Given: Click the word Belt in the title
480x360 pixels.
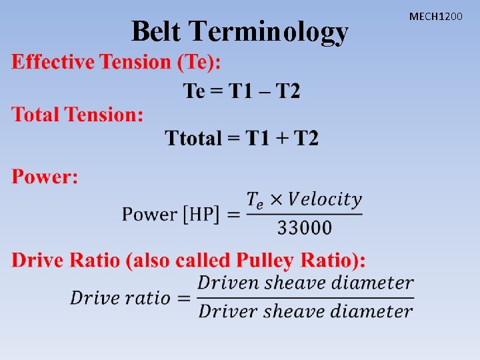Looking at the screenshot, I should (x=157, y=31).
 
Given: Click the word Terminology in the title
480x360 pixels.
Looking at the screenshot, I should (x=269, y=32).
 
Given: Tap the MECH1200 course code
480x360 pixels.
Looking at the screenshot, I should (x=435, y=15).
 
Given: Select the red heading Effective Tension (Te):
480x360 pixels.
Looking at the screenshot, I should (x=117, y=63).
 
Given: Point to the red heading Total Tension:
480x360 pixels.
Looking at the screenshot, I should (x=77, y=115).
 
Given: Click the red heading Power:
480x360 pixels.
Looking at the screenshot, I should (x=45, y=177).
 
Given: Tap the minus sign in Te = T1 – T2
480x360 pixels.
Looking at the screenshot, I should (x=265, y=91).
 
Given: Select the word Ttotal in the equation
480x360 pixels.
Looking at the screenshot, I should (x=193, y=139).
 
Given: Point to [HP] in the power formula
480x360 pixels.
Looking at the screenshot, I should (x=202, y=215).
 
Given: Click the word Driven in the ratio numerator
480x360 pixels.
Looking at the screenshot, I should (x=227, y=283).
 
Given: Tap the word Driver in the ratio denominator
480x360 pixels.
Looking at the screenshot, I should (x=227, y=311).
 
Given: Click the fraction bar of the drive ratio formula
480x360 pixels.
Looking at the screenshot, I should (x=305, y=297).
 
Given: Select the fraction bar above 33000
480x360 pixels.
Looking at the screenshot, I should (x=304, y=214).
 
